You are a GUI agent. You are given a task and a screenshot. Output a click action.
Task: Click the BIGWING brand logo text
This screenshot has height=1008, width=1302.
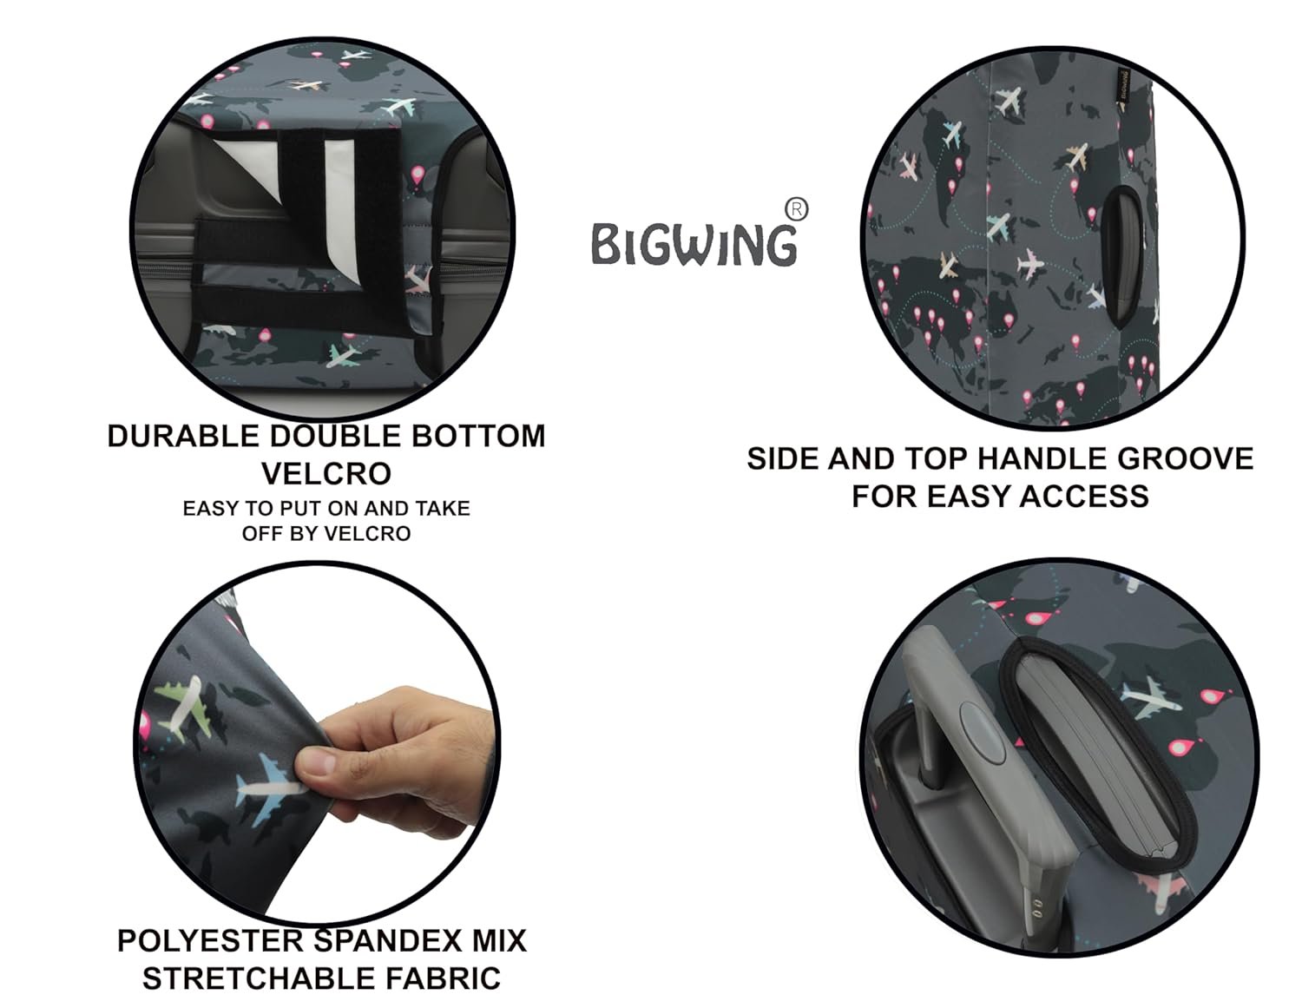(694, 244)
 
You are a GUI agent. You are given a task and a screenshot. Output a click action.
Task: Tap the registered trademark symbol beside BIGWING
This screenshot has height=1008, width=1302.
(796, 210)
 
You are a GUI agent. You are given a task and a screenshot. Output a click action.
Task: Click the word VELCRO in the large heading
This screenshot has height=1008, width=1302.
(326, 473)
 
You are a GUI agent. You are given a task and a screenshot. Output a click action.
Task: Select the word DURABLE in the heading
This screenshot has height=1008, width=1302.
(183, 436)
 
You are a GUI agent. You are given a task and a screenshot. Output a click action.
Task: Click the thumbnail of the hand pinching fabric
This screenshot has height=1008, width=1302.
(317, 744)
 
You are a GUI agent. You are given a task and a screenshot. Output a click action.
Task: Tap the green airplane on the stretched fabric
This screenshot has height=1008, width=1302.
(180, 705)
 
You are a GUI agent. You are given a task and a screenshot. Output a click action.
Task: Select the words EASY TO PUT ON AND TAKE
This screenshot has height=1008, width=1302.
(326, 508)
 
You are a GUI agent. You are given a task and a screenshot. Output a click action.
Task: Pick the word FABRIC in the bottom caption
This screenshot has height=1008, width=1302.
(444, 978)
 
